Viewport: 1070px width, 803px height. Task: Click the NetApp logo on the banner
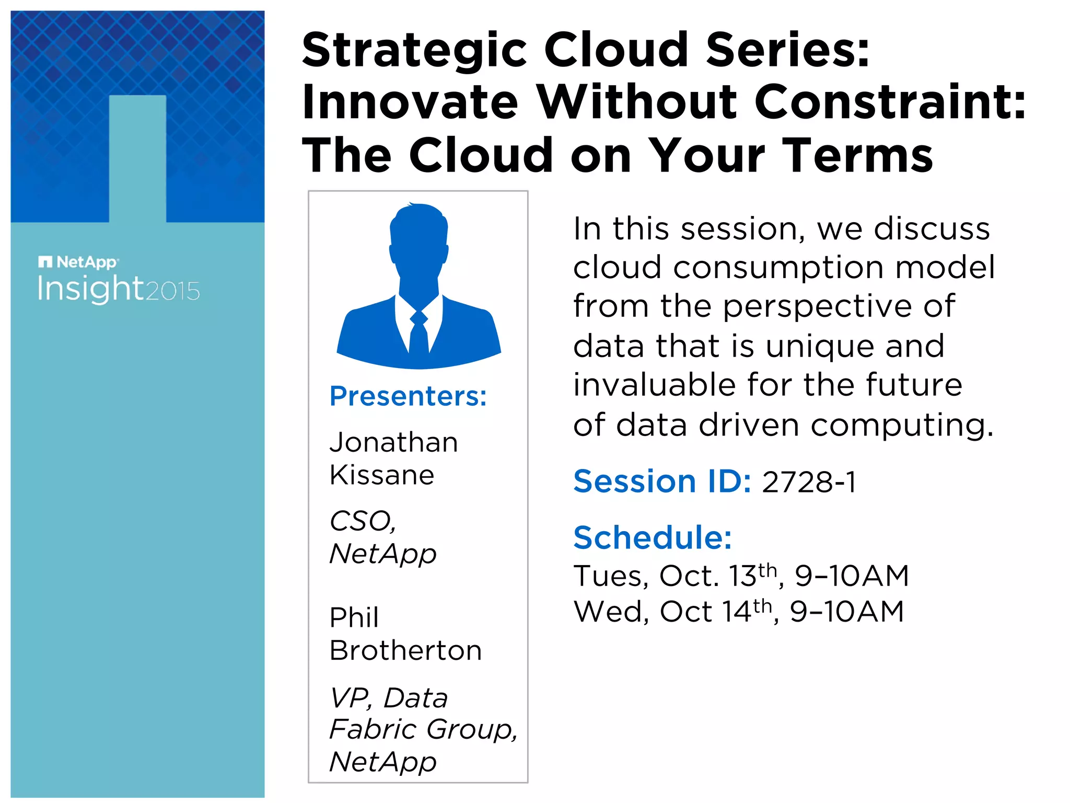79,261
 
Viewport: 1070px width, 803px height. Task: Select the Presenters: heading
408,396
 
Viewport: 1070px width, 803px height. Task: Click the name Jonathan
393,442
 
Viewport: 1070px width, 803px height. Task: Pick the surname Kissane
381,475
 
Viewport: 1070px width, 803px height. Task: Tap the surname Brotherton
405,650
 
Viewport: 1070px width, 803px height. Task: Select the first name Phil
354,617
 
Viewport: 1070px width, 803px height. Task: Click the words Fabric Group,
423,729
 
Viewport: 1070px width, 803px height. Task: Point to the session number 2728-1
809,482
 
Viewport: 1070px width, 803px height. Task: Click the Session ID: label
662,481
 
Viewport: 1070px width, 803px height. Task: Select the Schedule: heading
653,537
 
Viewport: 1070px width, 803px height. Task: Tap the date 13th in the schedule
753,575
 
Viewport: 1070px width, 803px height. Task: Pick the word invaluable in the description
656,385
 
